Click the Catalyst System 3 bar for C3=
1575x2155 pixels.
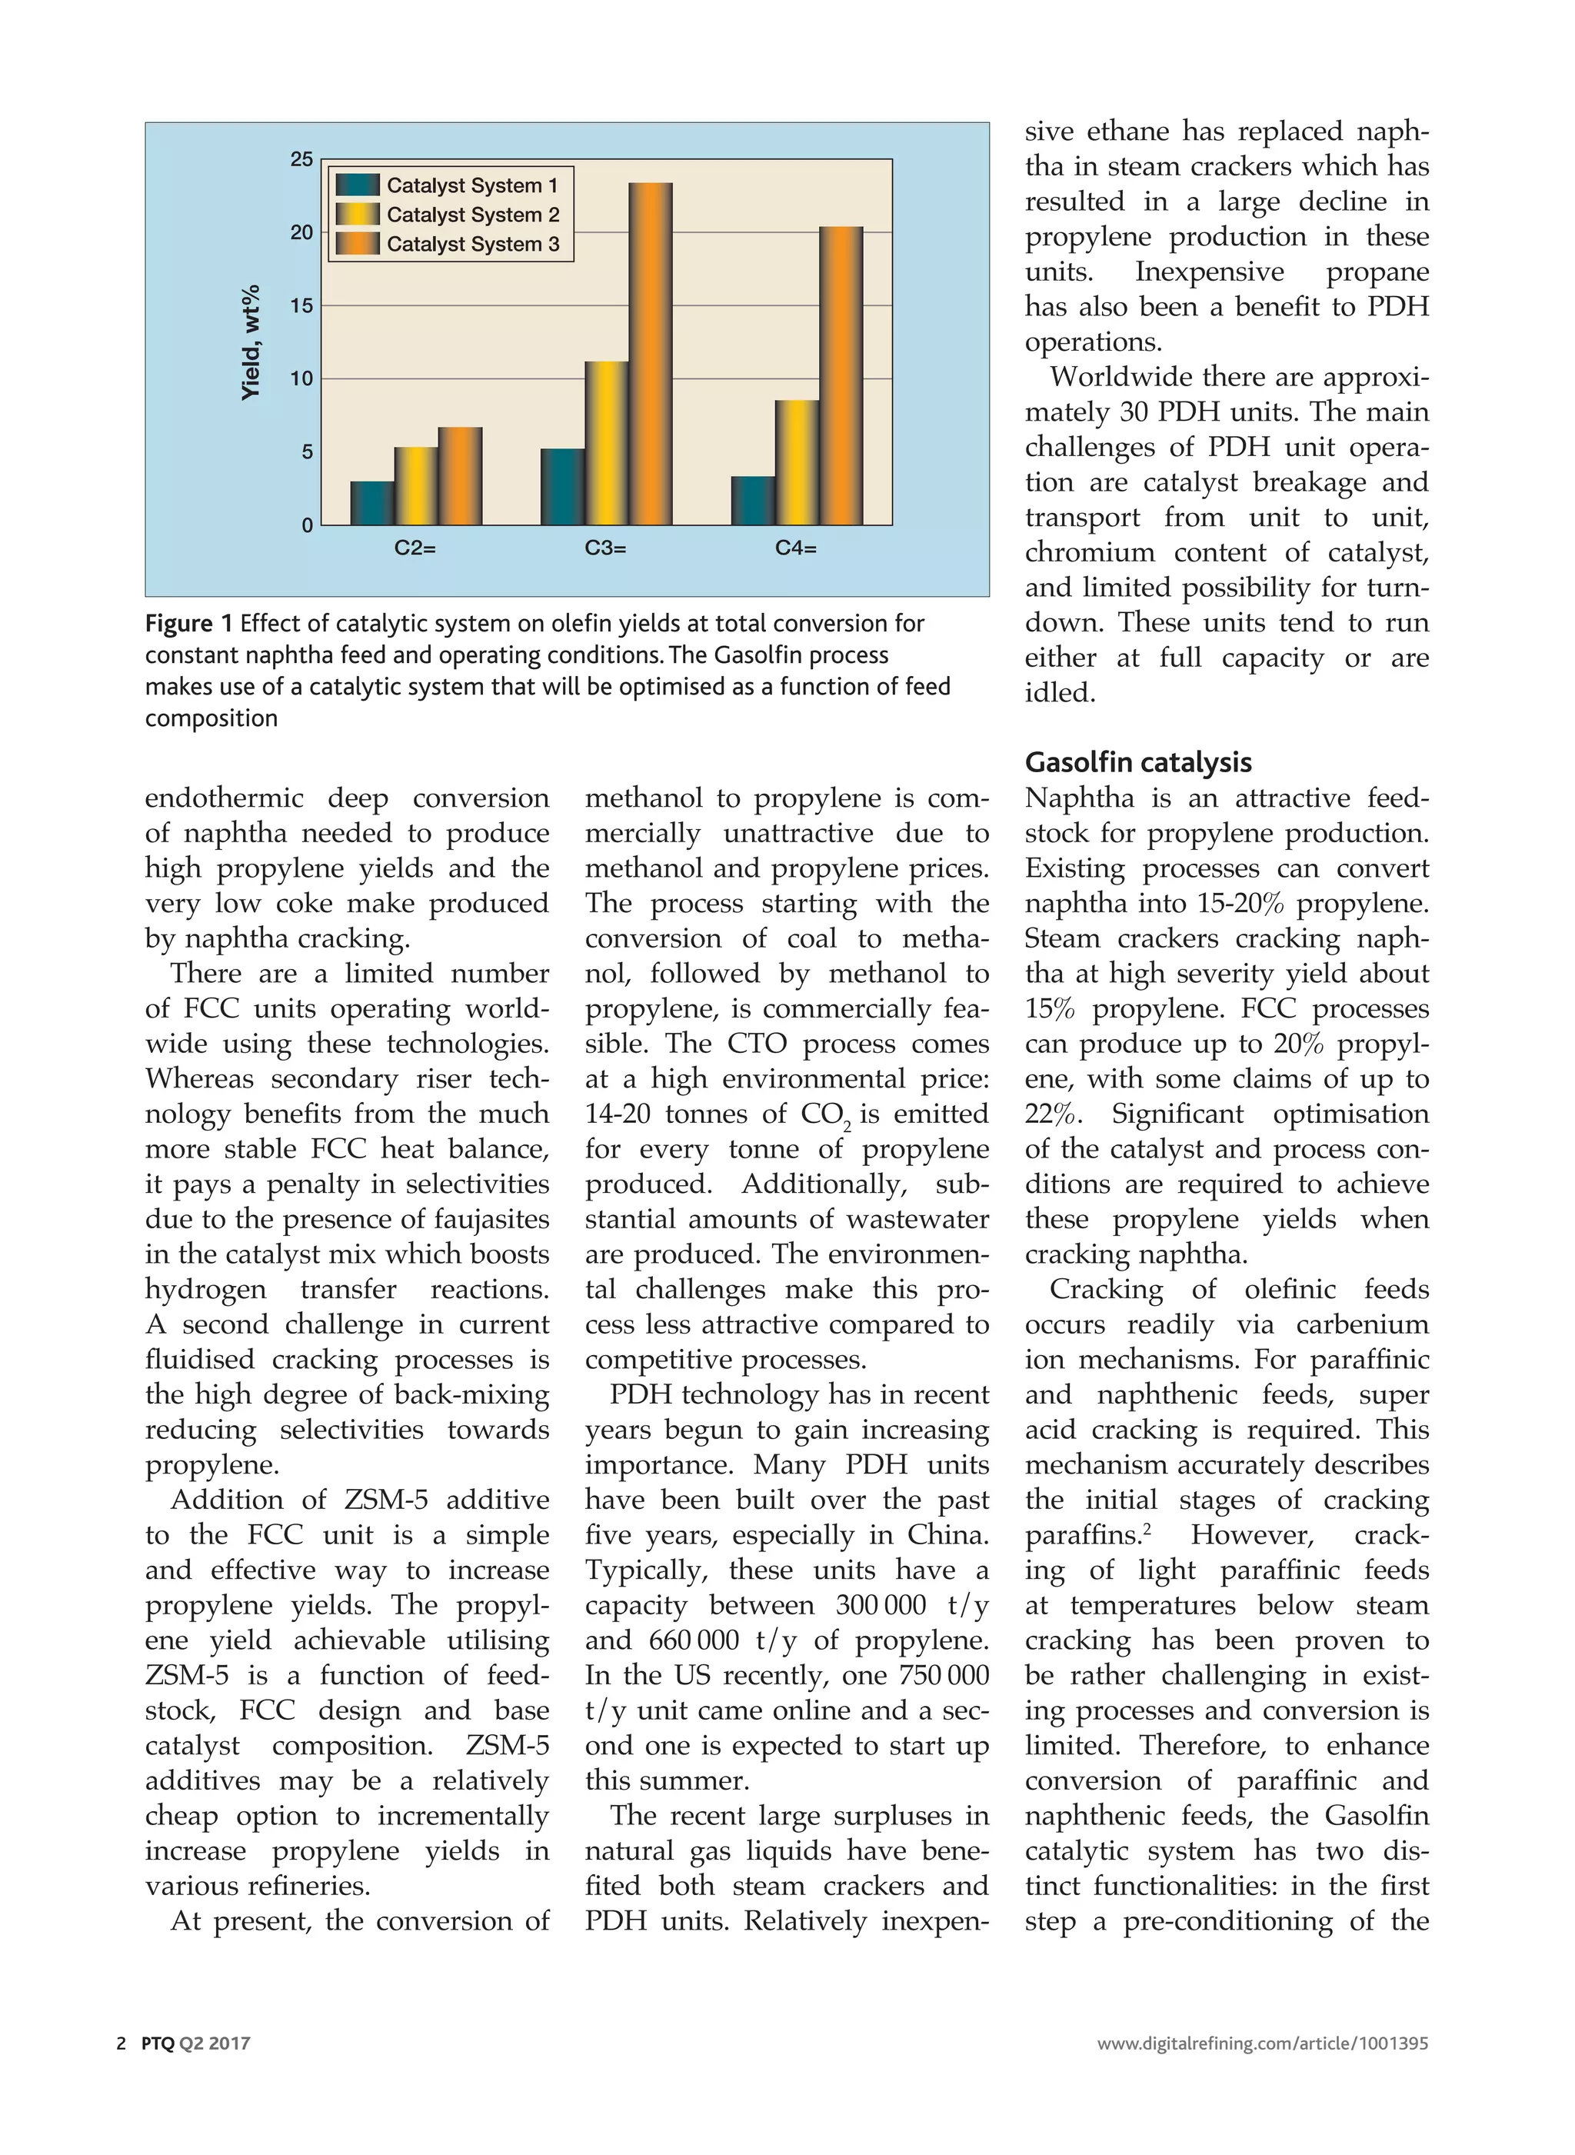tap(650, 354)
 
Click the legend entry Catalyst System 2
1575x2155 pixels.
tap(472, 215)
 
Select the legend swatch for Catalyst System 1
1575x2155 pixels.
tap(358, 185)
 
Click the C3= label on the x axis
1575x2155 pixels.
tap(605, 548)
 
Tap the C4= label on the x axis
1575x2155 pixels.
tap(796, 548)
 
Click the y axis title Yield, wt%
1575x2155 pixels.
tap(251, 342)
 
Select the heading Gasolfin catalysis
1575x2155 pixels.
tap(1137, 763)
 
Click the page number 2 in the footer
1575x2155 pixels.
tap(121, 2043)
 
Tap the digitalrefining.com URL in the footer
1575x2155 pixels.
tap(1262, 2043)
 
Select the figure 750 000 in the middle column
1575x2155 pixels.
tap(944, 1675)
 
